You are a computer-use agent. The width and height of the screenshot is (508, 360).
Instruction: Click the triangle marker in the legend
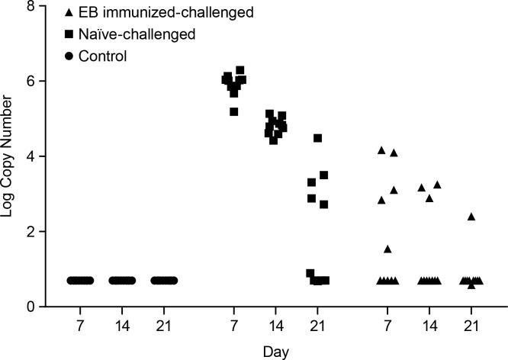coord(69,13)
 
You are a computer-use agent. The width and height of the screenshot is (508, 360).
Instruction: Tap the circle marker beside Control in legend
coord(69,56)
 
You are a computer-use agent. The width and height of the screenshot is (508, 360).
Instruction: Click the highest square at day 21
coord(318,138)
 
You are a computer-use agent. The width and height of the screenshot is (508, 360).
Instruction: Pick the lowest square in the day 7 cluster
coord(234,112)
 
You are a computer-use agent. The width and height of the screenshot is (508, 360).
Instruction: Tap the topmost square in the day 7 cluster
coord(240,70)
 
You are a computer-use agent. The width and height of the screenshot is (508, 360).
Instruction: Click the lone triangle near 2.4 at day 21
coord(471,217)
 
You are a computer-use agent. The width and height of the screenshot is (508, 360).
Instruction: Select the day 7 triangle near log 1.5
coord(387,249)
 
